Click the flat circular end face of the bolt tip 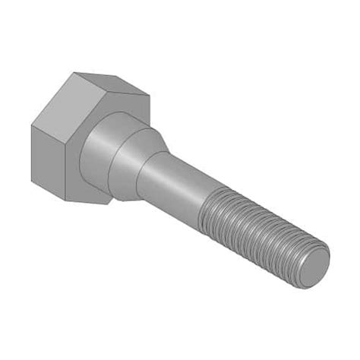tap(314, 267)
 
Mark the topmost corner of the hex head tap(74, 73)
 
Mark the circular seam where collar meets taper tap(114, 163)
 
